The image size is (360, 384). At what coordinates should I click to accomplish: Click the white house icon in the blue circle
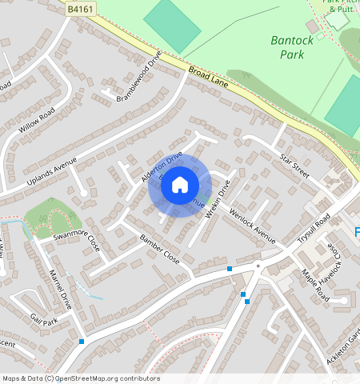coord(180,185)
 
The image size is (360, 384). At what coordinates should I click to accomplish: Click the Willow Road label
coord(37,119)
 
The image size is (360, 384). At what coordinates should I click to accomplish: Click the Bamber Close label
coord(160,250)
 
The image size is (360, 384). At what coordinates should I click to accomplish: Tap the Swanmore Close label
coord(77,239)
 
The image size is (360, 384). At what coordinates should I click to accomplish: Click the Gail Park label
coord(45,322)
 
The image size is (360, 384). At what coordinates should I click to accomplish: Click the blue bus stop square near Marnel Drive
coord(82,342)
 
